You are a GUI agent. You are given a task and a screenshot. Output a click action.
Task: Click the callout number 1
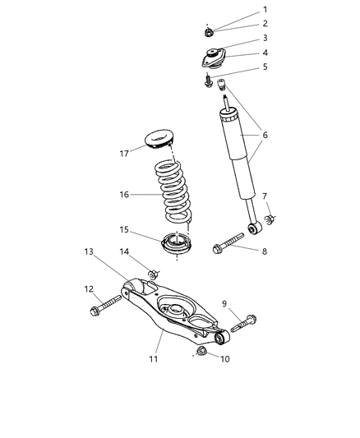[x=265, y=10]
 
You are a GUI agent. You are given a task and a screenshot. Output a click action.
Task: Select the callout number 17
[x=123, y=152]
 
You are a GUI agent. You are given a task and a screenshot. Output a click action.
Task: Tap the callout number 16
[x=123, y=196]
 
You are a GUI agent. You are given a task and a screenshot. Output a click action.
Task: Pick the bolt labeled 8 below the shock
[x=227, y=245]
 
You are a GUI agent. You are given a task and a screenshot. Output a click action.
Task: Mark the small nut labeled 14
[x=152, y=274]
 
